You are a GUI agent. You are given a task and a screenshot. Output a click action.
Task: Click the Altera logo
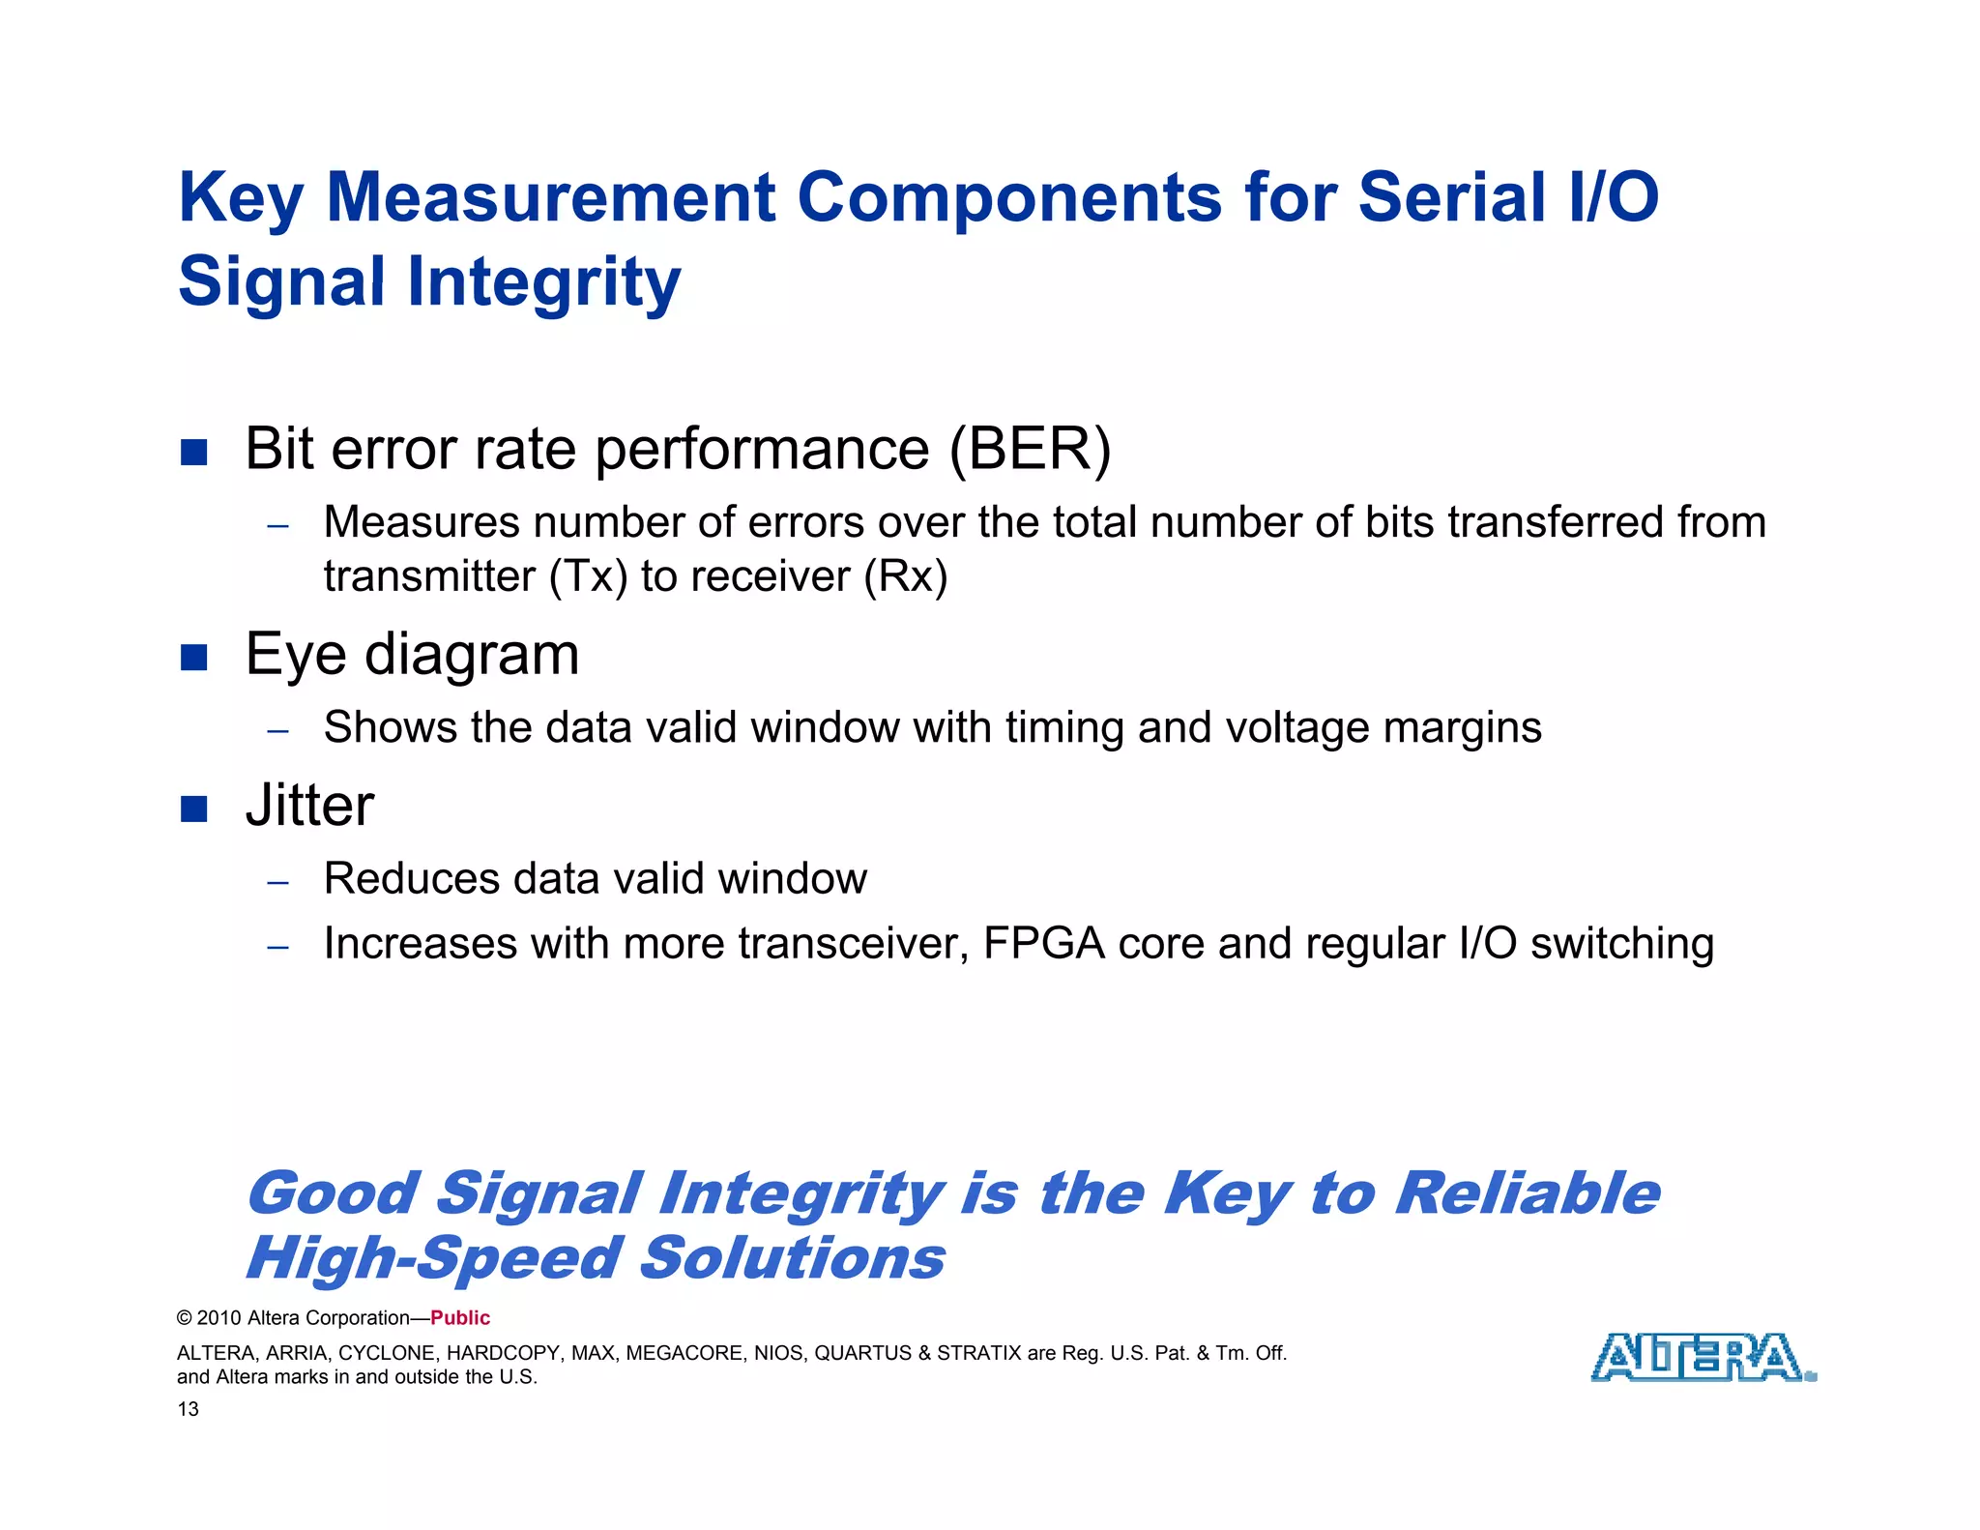pos(1702,1357)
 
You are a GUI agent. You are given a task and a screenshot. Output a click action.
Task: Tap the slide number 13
pos(188,1409)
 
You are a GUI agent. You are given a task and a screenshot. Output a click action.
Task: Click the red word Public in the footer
pos(460,1318)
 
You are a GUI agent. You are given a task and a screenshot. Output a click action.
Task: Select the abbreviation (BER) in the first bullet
pos(1030,449)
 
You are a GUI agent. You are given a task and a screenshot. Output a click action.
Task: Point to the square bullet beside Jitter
pos(194,809)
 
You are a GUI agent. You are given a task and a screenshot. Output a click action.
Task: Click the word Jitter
pos(309,806)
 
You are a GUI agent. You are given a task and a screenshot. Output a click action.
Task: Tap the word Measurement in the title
pos(551,197)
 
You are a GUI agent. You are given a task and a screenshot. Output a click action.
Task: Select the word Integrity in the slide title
pos(543,281)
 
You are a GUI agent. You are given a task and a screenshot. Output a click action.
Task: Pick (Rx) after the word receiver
pos(905,576)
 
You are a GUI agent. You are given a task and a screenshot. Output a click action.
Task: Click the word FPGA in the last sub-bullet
pos(1043,943)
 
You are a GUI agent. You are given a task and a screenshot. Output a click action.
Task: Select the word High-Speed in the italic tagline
pos(433,1258)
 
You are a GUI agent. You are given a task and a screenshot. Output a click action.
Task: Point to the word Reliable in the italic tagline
pos(1528,1193)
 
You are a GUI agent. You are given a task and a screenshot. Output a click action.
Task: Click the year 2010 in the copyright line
pos(219,1318)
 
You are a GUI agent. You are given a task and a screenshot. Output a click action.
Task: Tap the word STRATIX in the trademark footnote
pos(978,1353)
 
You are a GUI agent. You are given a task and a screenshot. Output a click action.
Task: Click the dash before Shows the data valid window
pos(278,730)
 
